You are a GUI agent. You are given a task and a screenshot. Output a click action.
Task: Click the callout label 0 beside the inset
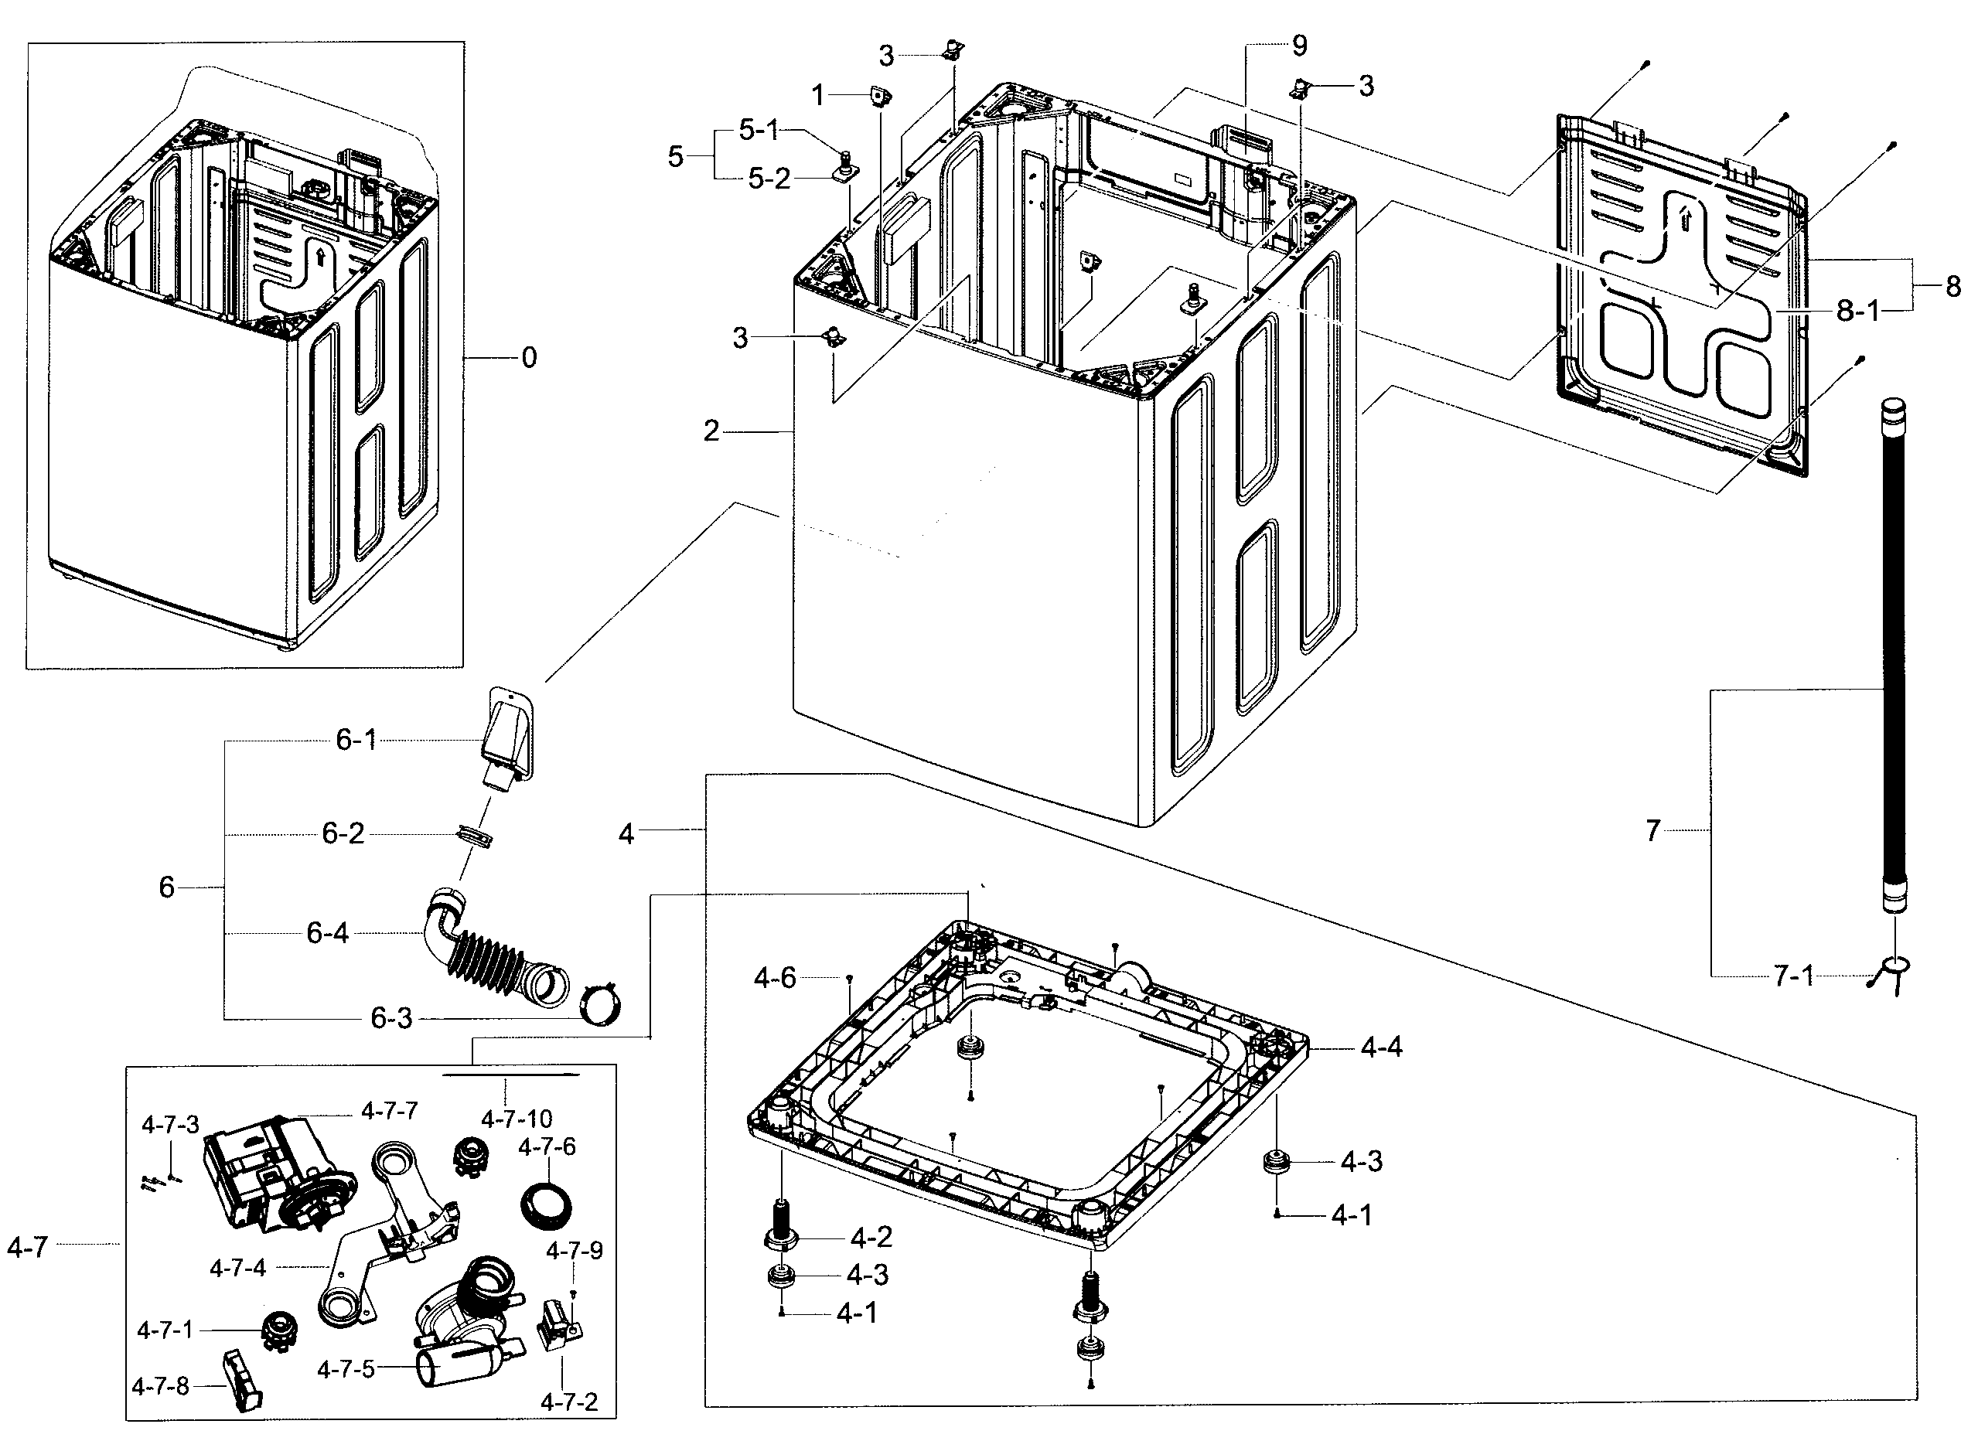click(529, 358)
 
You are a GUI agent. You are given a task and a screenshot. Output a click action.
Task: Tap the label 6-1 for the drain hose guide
click(356, 741)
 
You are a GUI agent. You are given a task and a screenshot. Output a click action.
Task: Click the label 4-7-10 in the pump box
click(517, 1119)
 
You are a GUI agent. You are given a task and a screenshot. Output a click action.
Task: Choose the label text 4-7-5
click(346, 1369)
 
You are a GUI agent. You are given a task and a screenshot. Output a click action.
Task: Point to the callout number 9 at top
click(1299, 46)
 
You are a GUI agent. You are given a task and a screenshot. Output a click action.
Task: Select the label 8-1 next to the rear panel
click(1857, 311)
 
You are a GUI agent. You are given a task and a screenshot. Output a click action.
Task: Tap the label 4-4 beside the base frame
click(1381, 1047)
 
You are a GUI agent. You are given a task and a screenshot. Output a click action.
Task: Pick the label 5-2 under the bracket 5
click(769, 179)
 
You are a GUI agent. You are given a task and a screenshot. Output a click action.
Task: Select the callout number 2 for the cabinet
click(712, 431)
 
